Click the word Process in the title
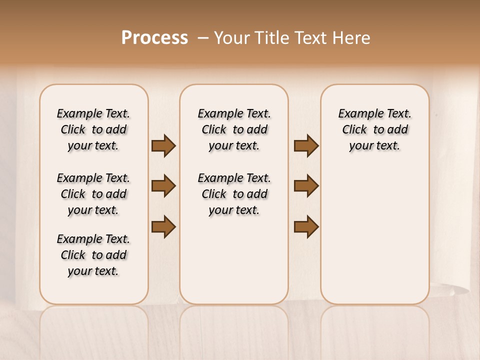point(154,37)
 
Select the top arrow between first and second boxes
point(163,146)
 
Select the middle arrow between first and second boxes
point(163,186)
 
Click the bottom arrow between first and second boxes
point(163,226)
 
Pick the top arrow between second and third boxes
point(306,146)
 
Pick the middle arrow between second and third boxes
point(306,186)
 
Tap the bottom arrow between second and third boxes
point(306,226)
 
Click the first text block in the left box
point(93,129)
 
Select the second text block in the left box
point(93,194)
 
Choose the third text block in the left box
point(93,255)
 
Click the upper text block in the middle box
point(234,129)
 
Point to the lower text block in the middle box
point(234,194)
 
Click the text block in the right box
point(374,129)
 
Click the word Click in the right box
point(354,130)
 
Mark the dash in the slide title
point(202,38)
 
